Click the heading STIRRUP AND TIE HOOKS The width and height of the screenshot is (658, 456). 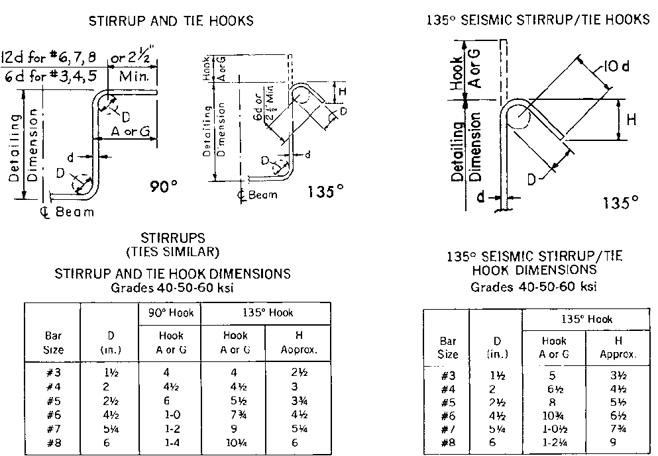click(171, 21)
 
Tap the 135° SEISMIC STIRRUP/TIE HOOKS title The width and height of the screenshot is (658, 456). click(538, 20)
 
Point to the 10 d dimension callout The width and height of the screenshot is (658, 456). click(618, 66)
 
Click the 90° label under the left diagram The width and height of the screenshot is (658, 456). click(164, 187)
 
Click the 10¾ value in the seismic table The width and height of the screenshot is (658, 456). click(554, 415)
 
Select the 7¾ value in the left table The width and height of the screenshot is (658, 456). click(235, 415)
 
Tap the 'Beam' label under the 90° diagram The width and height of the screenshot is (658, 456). click(74, 212)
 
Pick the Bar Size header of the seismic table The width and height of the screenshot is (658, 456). click(448, 347)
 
